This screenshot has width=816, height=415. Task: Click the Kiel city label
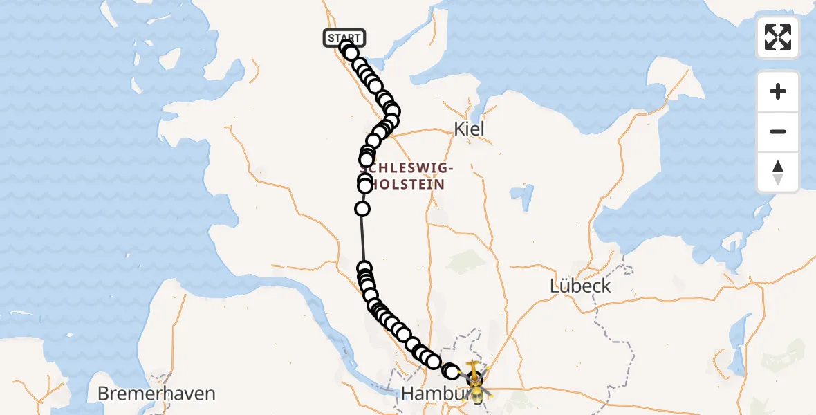click(469, 129)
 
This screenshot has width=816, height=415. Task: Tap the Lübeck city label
click(580, 285)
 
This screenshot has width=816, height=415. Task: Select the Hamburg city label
click(434, 394)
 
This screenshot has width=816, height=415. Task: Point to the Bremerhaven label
click(156, 394)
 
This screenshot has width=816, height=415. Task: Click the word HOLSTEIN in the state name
click(405, 184)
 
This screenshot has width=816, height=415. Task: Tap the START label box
click(344, 38)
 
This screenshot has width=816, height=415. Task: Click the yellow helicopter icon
click(475, 381)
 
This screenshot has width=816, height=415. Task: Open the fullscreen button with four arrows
click(777, 37)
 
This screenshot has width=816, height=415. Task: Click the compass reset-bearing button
click(777, 172)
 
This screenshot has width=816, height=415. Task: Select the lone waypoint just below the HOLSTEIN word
click(362, 209)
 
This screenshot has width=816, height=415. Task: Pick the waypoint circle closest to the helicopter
click(451, 371)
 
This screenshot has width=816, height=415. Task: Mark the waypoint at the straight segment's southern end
click(364, 268)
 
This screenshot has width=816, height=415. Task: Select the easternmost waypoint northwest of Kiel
click(392, 111)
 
